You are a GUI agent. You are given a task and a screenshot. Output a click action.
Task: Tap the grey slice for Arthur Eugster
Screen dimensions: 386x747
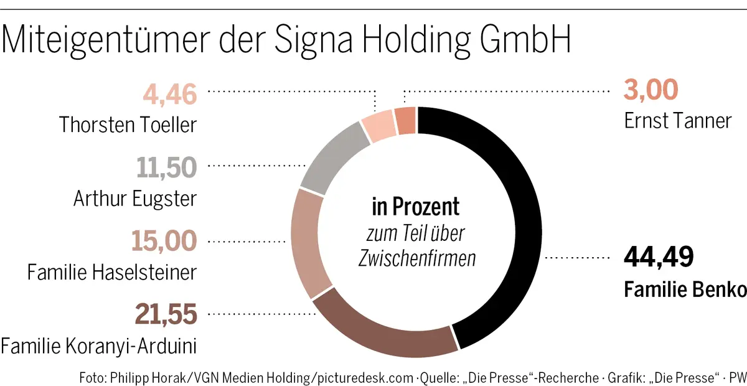(x=330, y=156)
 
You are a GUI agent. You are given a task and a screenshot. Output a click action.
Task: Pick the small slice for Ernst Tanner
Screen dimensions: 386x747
(x=406, y=120)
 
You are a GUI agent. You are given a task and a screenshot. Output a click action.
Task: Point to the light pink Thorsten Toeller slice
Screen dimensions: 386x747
(x=379, y=125)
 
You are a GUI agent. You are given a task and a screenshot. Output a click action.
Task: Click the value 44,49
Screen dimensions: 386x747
(x=659, y=257)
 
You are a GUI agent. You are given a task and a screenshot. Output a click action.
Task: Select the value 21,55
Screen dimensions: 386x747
(x=166, y=314)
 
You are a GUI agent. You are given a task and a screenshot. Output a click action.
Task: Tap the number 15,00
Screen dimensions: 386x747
(x=164, y=241)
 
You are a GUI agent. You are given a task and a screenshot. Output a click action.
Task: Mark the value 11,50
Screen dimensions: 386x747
(x=166, y=167)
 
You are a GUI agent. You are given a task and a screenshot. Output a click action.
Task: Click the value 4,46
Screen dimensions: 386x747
(x=169, y=95)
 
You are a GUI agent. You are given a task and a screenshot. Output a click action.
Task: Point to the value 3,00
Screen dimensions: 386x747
(x=651, y=91)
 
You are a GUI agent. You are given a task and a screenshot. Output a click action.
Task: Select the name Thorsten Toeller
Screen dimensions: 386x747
(x=128, y=125)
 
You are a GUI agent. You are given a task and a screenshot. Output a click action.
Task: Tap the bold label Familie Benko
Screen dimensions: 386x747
(x=685, y=289)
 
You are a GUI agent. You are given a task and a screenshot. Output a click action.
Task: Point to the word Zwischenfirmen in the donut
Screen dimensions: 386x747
(x=416, y=258)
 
